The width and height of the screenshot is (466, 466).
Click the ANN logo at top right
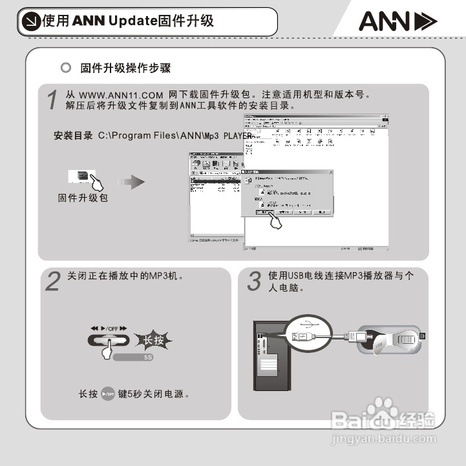click(x=397, y=22)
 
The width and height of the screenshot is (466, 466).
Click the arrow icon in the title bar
click(x=30, y=22)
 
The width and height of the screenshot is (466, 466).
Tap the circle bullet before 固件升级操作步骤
click(x=64, y=68)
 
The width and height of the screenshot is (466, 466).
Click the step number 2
click(x=54, y=282)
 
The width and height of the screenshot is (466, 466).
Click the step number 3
click(x=255, y=282)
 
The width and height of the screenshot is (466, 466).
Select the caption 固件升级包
click(x=83, y=198)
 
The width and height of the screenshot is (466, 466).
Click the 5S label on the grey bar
click(x=147, y=357)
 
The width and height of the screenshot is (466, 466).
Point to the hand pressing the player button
click(x=105, y=350)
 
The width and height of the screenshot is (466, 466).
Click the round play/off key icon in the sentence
click(x=108, y=394)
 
